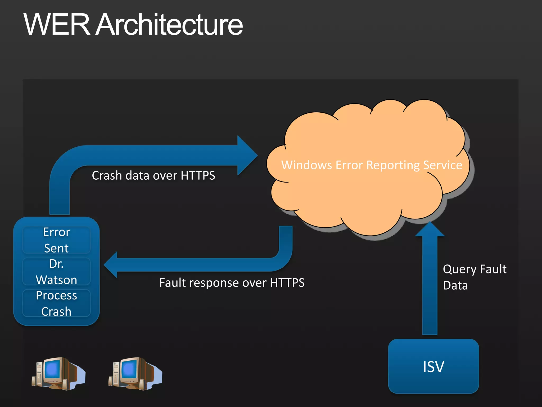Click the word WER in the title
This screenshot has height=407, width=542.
pos(57,25)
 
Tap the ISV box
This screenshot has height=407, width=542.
pos(433,366)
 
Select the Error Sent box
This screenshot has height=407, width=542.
pos(56,240)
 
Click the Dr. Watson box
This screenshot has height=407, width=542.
pos(56,272)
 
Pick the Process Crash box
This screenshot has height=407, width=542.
pos(56,303)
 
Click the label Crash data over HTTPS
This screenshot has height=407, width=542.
pos(153,175)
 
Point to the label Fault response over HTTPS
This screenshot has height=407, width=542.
pos(232,282)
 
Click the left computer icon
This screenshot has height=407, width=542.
pos(58,374)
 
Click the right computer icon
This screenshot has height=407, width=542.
pos(135,374)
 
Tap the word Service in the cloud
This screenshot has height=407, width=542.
pos(442,165)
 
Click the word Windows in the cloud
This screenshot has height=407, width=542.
pos(306,165)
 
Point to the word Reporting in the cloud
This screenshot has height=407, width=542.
pos(394,165)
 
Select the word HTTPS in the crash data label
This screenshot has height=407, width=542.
pos(198,175)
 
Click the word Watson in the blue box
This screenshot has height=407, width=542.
pos(56,280)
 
